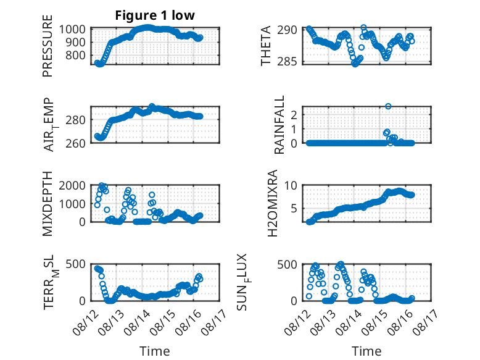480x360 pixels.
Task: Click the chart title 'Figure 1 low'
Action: click(x=155, y=15)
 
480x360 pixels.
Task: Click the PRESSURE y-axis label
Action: click(x=48, y=46)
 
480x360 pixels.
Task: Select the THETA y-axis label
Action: click(x=266, y=46)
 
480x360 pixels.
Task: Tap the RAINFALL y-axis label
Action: click(x=279, y=125)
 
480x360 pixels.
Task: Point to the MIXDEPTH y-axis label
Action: click(x=48, y=204)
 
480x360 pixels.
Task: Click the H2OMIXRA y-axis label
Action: click(x=272, y=203)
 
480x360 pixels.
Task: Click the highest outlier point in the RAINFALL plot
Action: click(x=388, y=106)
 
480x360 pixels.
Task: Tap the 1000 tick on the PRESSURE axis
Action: click(x=72, y=30)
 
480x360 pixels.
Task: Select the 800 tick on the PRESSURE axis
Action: click(x=75, y=56)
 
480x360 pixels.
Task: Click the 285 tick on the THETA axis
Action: click(x=287, y=62)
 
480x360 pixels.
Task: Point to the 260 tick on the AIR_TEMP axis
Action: click(x=75, y=143)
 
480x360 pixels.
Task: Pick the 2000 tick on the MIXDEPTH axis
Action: click(x=72, y=186)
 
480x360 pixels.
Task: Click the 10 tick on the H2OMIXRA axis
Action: click(x=291, y=185)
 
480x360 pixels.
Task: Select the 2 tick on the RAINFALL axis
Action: click(x=294, y=115)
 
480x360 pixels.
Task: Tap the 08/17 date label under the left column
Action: click(x=213, y=322)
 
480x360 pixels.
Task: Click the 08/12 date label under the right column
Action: click(x=296, y=322)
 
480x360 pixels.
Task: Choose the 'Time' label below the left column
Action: click(x=155, y=351)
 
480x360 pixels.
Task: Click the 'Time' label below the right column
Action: click(x=366, y=351)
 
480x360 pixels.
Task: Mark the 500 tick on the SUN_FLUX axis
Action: click(x=287, y=264)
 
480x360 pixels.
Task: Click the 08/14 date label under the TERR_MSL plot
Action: click(x=136, y=322)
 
